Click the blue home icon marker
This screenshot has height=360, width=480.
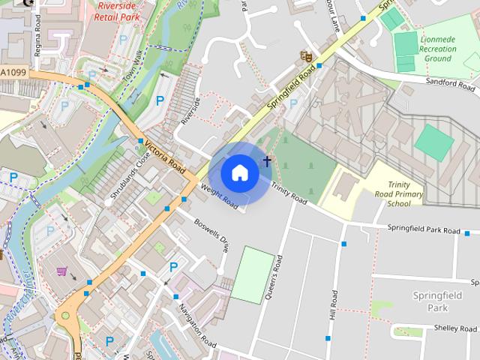[239, 173]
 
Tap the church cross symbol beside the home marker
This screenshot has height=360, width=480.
[266, 161]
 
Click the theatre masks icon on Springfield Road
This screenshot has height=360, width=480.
[304, 55]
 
